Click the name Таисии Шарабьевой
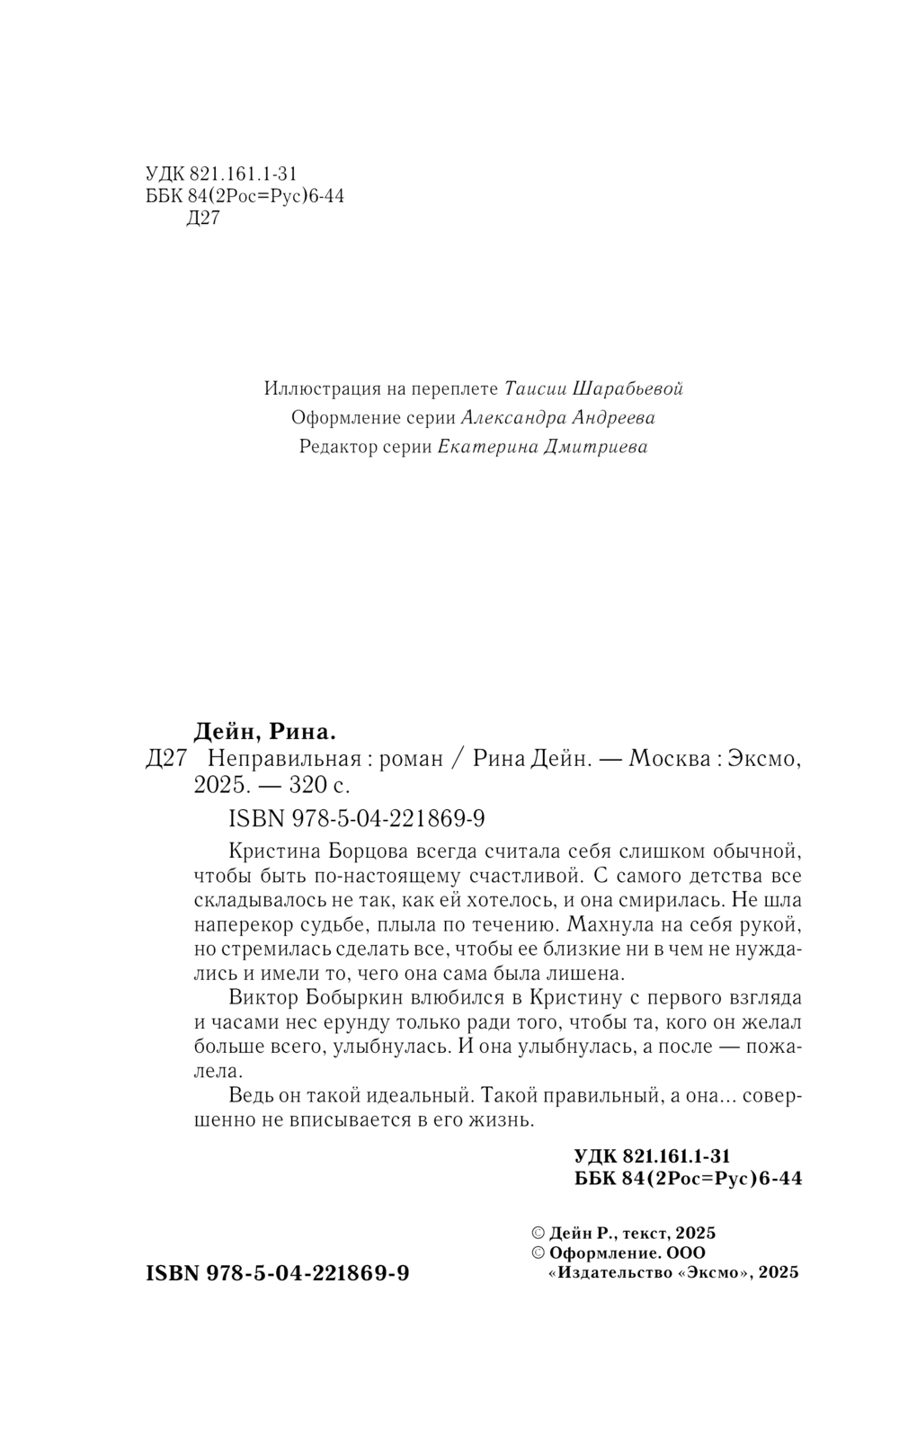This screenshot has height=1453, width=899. point(594,388)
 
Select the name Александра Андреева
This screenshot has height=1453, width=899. point(557,417)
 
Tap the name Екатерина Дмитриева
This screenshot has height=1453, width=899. point(542,447)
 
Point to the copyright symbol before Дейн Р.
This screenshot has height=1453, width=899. point(539,1234)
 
